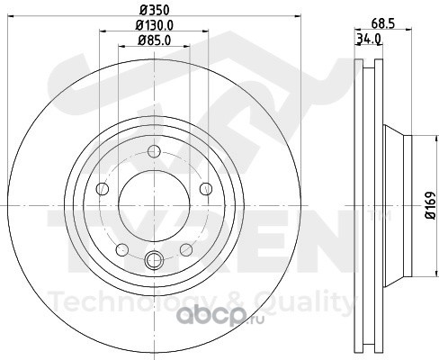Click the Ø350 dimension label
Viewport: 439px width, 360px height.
pyautogui.click(x=155, y=10)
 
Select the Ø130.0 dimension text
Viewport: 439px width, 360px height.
pyautogui.click(x=154, y=25)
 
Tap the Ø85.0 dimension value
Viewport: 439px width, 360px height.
pyautogui.click(x=154, y=40)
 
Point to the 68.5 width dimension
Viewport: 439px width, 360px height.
pyautogui.click(x=382, y=23)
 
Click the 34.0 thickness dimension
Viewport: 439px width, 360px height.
pyautogui.click(x=369, y=39)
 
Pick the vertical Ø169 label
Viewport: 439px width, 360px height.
pyautogui.click(x=431, y=205)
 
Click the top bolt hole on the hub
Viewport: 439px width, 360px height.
pyautogui.click(x=154, y=151)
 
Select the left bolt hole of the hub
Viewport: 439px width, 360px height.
pyautogui.click(x=103, y=189)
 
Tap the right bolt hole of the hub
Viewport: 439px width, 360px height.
pyautogui.click(x=206, y=189)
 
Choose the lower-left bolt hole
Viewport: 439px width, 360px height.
pyautogui.click(x=122, y=250)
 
